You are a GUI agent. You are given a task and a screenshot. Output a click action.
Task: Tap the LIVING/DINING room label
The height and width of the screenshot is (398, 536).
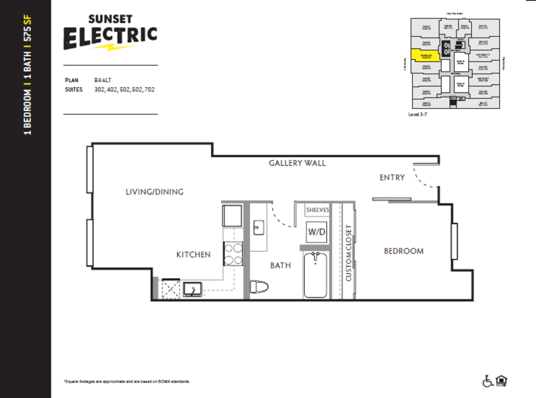(x=155, y=192)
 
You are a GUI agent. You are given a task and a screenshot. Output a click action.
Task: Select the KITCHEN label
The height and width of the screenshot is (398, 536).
(x=193, y=255)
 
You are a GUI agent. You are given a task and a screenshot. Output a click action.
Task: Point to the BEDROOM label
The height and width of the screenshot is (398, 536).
(x=404, y=251)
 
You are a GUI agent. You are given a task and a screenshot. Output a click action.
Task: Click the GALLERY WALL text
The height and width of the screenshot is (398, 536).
(x=297, y=163)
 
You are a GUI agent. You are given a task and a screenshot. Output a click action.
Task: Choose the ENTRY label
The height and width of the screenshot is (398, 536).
(x=392, y=178)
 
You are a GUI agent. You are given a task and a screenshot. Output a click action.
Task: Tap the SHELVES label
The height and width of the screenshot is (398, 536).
(x=317, y=210)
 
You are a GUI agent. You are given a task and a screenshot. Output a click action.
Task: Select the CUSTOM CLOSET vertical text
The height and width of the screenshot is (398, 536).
(x=348, y=253)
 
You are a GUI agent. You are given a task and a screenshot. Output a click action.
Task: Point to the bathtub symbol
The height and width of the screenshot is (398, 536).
(x=316, y=275)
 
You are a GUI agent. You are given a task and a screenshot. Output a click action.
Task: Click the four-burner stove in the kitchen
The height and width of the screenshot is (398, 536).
(x=233, y=254)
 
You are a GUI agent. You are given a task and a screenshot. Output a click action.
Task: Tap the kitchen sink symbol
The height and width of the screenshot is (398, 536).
(x=192, y=290)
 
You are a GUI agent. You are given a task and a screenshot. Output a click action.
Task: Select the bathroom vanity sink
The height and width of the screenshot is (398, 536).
(x=258, y=228)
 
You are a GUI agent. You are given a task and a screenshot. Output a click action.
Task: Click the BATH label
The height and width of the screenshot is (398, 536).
(x=280, y=266)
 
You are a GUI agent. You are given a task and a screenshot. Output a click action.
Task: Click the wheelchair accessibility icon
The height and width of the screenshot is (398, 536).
(x=489, y=380)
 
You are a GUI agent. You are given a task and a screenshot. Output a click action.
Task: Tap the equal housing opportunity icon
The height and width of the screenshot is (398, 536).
(x=502, y=380)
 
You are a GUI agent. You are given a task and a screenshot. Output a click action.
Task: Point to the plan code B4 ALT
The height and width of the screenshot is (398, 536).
(x=102, y=81)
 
